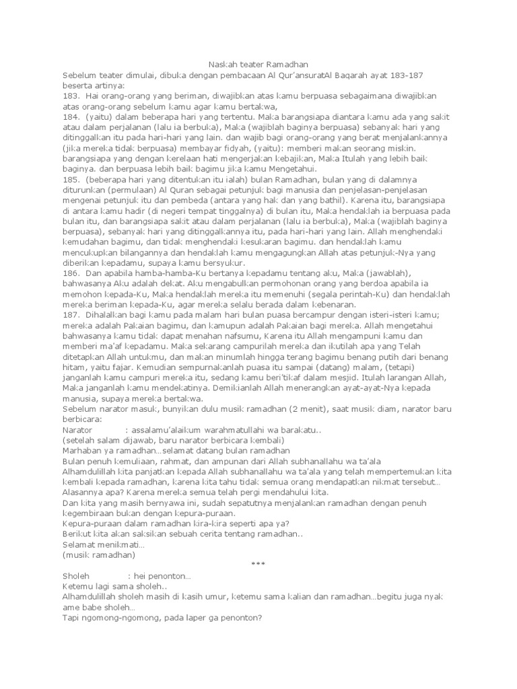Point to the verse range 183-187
[x=403, y=74]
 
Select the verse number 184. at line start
[x=71, y=116]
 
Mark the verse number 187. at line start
[x=71, y=317]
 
